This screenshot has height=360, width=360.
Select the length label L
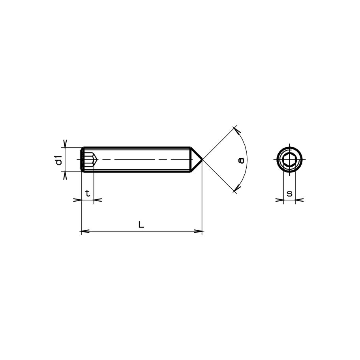141,225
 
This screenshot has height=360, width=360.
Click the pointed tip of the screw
202,160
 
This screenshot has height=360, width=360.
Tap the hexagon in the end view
289,160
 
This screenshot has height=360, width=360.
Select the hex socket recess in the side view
89,160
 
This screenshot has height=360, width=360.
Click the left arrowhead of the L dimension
83,232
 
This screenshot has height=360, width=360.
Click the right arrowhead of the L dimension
199,232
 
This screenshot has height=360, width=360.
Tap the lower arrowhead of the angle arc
236,190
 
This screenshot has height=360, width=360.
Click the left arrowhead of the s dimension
281,200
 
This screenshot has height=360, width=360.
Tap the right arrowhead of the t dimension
97,200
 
